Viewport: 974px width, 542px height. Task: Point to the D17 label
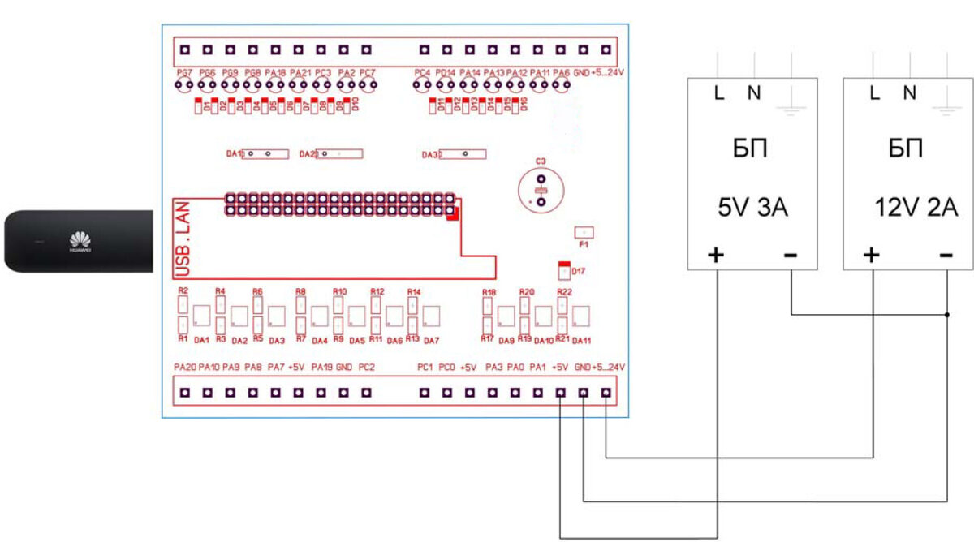[x=579, y=270]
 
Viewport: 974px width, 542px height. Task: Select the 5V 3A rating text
[x=752, y=209]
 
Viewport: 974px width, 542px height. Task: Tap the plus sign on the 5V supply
[x=716, y=256]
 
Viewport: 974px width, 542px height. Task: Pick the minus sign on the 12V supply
[x=946, y=256]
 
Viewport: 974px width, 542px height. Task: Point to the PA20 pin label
[x=185, y=368]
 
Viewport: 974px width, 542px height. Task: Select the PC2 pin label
[x=367, y=368]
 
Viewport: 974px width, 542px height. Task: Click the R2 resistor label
[x=183, y=290]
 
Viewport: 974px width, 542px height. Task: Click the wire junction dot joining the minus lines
[x=947, y=314]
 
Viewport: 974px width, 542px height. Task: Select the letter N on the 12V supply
[x=910, y=93]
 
